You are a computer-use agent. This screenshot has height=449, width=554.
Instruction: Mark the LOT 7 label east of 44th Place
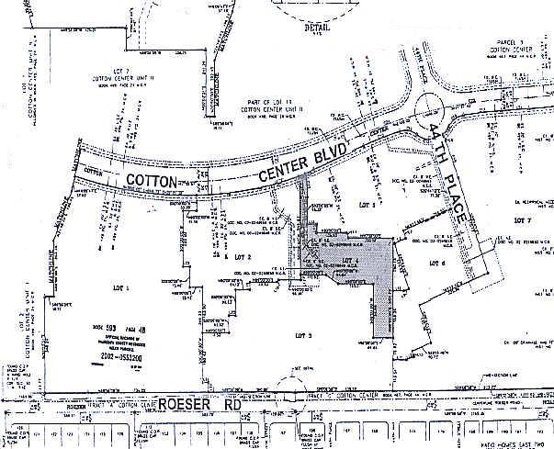pos(523,220)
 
